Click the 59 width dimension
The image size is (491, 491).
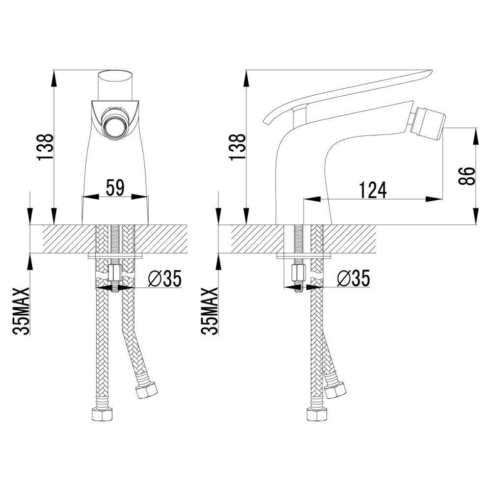(116, 188)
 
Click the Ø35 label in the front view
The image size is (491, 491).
(164, 279)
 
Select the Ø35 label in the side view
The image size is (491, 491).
(353, 279)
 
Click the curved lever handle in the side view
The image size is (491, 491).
(344, 91)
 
